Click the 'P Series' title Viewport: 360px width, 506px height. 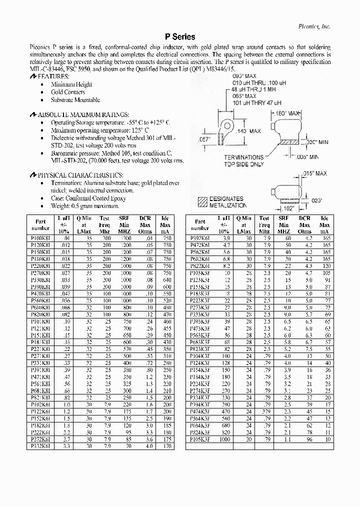click(180, 37)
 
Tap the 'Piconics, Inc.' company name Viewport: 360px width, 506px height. click(314, 25)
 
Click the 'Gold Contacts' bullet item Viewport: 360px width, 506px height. click(68, 92)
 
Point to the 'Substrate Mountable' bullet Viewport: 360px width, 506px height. click(75, 100)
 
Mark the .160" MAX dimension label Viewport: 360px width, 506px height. click(286, 113)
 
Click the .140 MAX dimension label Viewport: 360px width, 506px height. click(248, 131)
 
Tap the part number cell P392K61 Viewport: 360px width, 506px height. click(200, 239)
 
